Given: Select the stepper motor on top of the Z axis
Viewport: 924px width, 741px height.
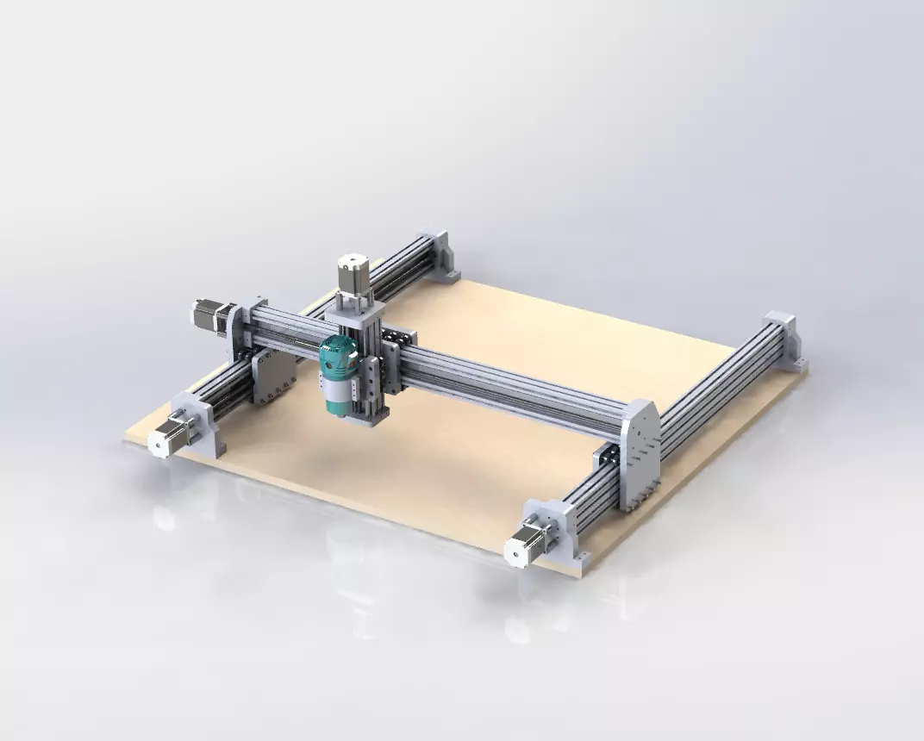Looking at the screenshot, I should [x=351, y=274].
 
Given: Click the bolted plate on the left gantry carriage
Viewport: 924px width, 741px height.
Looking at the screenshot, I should [x=274, y=377].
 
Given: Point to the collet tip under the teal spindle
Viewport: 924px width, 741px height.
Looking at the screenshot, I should [x=337, y=416].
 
